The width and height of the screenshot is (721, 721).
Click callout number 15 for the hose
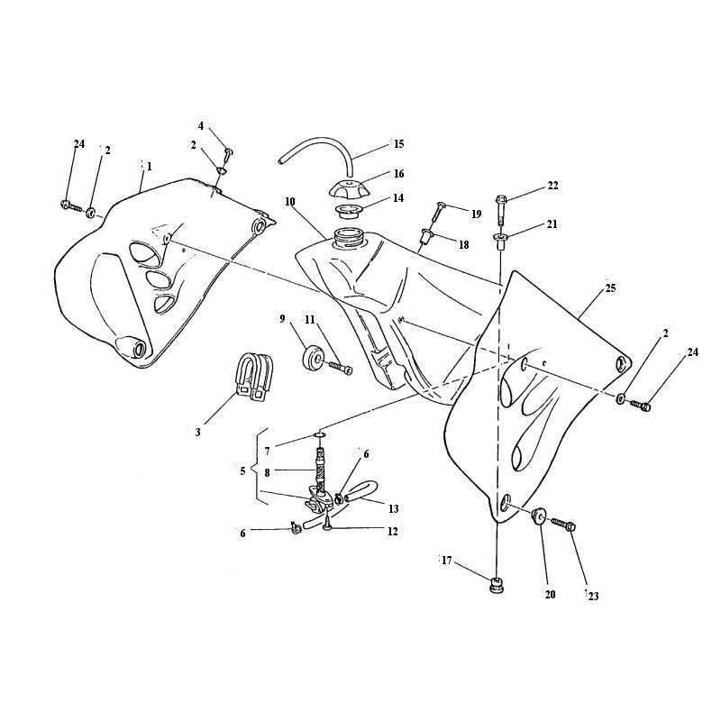click(398, 144)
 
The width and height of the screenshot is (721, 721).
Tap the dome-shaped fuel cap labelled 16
click(351, 188)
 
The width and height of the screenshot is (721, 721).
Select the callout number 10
click(289, 202)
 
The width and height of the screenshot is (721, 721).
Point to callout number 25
click(611, 288)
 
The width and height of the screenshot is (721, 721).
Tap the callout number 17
click(447, 561)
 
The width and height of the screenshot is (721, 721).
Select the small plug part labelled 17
click(497, 585)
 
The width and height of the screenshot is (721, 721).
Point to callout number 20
click(550, 595)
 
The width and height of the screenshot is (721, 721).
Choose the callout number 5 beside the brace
click(242, 471)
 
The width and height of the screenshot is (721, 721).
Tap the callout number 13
click(393, 509)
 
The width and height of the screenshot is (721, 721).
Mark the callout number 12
click(392, 532)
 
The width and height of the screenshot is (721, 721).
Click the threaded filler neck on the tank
click(349, 238)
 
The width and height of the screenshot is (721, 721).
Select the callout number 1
click(149, 167)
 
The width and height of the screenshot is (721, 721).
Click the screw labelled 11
click(340, 369)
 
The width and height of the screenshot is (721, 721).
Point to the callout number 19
click(476, 214)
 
